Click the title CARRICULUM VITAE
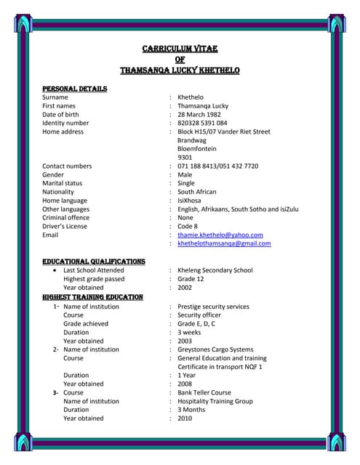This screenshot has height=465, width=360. coord(180,49)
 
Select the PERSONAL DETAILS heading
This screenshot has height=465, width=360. coord(74,89)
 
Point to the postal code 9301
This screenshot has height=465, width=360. coord(185,158)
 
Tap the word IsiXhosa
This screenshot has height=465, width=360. coord(193,201)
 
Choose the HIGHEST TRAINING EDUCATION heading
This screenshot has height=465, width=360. coord(92,297)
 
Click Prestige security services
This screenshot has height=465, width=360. coord(213,307)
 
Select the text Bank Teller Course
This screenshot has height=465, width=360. coord(204,392)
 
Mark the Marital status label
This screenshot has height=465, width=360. coord(62,184)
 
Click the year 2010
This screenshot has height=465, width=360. coord(185,418)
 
